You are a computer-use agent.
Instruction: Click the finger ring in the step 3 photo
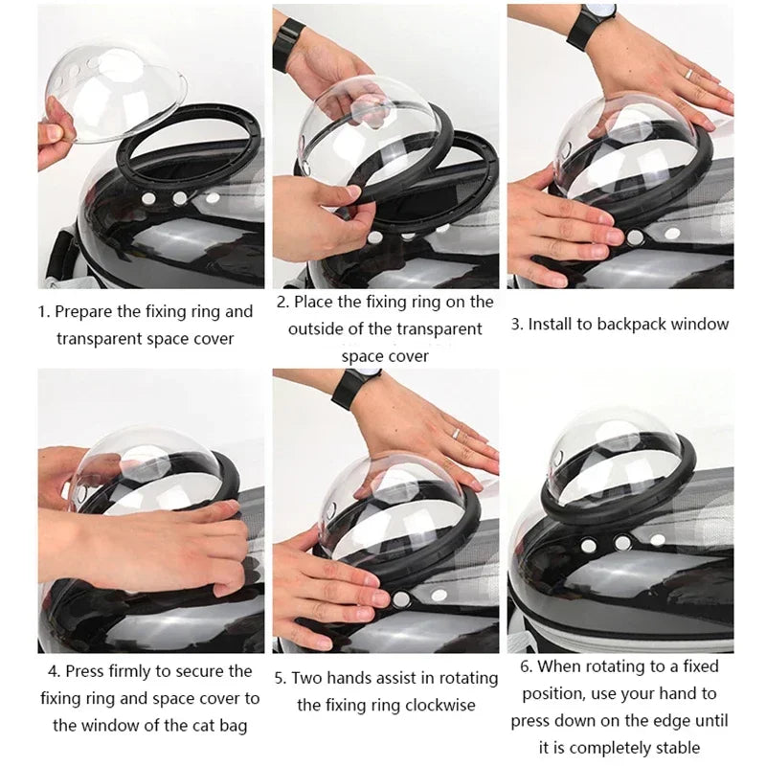687,73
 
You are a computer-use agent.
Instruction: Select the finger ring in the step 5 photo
457,433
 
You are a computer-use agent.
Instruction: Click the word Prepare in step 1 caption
87,311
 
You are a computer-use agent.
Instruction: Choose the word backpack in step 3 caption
630,324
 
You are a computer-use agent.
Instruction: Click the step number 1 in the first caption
42,311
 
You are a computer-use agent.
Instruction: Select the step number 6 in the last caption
526,666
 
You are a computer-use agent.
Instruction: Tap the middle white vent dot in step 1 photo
179,198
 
